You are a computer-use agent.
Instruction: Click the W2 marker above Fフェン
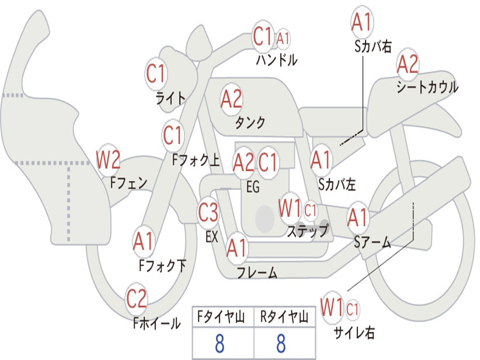tap(108, 159)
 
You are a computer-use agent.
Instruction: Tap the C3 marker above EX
tap(208, 212)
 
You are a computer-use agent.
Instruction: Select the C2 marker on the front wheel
tap(136, 299)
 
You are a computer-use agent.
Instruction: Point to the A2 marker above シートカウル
tap(408, 64)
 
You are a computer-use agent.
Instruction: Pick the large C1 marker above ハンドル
tap(262, 36)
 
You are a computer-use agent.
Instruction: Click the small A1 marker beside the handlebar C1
tap(283, 39)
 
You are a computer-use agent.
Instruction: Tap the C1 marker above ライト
tap(156, 74)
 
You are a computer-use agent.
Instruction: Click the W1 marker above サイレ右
tap(332, 307)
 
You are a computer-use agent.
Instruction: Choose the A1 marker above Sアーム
tap(358, 217)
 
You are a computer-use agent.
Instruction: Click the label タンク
tap(250, 122)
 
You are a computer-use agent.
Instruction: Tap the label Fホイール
tap(157, 323)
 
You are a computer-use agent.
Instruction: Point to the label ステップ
tap(307, 231)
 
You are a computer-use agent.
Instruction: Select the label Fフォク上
tap(196, 160)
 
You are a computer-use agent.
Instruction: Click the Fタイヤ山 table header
tap(221, 317)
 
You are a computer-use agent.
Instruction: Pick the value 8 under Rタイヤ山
tap(281, 343)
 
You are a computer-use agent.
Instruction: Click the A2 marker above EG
tap(244, 162)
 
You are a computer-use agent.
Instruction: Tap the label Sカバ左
tap(337, 184)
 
